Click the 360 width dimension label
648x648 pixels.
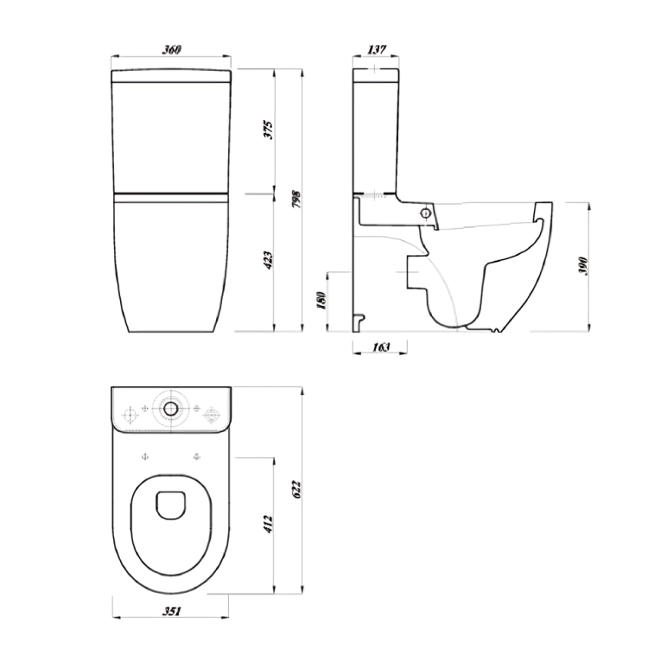point(171,49)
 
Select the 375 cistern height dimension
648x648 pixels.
point(269,130)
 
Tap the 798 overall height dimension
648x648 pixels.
point(295,199)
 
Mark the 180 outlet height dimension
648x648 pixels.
point(321,300)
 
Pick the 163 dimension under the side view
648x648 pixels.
point(380,347)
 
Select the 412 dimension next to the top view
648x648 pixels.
point(269,524)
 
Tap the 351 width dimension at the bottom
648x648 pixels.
point(171,613)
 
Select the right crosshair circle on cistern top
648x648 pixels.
point(210,416)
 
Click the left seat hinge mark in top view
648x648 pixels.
point(145,455)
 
